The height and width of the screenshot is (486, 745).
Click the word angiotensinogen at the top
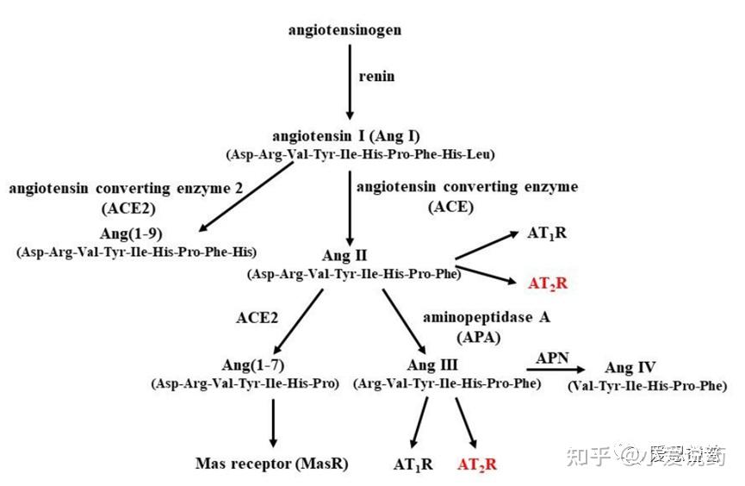345,30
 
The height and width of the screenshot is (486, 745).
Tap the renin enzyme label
376,76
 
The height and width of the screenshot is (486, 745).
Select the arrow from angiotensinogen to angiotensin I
349,82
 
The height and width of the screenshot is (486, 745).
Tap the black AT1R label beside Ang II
547,234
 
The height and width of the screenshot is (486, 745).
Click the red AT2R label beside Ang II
548,283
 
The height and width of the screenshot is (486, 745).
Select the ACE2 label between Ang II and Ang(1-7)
258,316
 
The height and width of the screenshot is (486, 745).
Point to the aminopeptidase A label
486,316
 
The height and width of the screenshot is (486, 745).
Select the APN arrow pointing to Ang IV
557,368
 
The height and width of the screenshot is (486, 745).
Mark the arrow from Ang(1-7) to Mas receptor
272,421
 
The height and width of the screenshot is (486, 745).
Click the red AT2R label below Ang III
476,464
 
